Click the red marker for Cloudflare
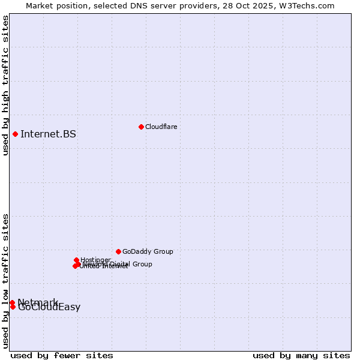[141, 127]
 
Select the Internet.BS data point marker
[15, 134]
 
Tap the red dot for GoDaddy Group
[118, 251]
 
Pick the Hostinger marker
[76, 260]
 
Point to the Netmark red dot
[12, 302]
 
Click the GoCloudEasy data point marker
[13, 307]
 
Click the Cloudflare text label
[161, 127]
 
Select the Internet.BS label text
[48, 134]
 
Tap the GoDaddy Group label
[148, 251]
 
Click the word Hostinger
[95, 259]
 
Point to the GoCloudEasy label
[49, 308]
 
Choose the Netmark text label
[38, 301]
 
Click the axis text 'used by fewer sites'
[62, 355]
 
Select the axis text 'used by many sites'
[301, 355]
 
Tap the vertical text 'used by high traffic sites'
[5, 85]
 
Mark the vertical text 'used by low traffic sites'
[5, 281]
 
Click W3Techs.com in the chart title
[309, 5]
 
